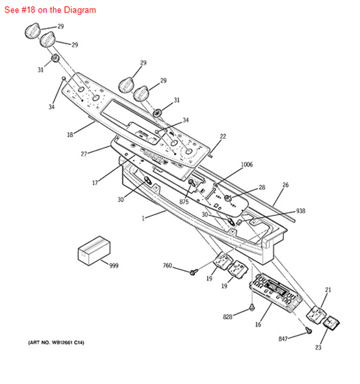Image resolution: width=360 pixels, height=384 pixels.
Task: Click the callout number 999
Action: click(x=114, y=265)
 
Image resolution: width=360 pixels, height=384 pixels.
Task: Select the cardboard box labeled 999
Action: click(x=94, y=251)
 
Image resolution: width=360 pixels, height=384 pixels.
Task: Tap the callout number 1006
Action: click(x=247, y=164)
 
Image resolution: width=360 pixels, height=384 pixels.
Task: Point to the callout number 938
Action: click(x=301, y=211)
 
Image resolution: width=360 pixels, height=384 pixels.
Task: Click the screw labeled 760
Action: click(x=194, y=272)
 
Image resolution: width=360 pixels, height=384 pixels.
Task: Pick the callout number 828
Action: click(x=227, y=317)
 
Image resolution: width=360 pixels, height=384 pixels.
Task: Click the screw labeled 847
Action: click(x=309, y=330)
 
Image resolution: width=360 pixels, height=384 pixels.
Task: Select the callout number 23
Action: click(x=318, y=347)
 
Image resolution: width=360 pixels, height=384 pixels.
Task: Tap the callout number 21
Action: click(x=328, y=290)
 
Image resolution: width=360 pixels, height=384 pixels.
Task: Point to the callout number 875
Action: click(x=184, y=202)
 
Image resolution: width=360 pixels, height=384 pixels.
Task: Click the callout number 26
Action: click(x=286, y=185)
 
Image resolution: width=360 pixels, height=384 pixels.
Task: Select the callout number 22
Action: click(x=223, y=136)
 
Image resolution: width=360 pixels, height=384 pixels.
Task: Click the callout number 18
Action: click(x=70, y=135)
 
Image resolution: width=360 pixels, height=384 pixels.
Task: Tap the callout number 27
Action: click(x=84, y=154)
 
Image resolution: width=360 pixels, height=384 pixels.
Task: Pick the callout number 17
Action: click(x=95, y=183)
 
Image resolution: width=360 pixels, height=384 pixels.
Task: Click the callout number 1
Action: click(x=143, y=218)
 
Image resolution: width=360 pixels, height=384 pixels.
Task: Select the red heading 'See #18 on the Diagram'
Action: click(x=50, y=10)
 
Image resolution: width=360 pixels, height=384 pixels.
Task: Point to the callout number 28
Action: click(x=262, y=187)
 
